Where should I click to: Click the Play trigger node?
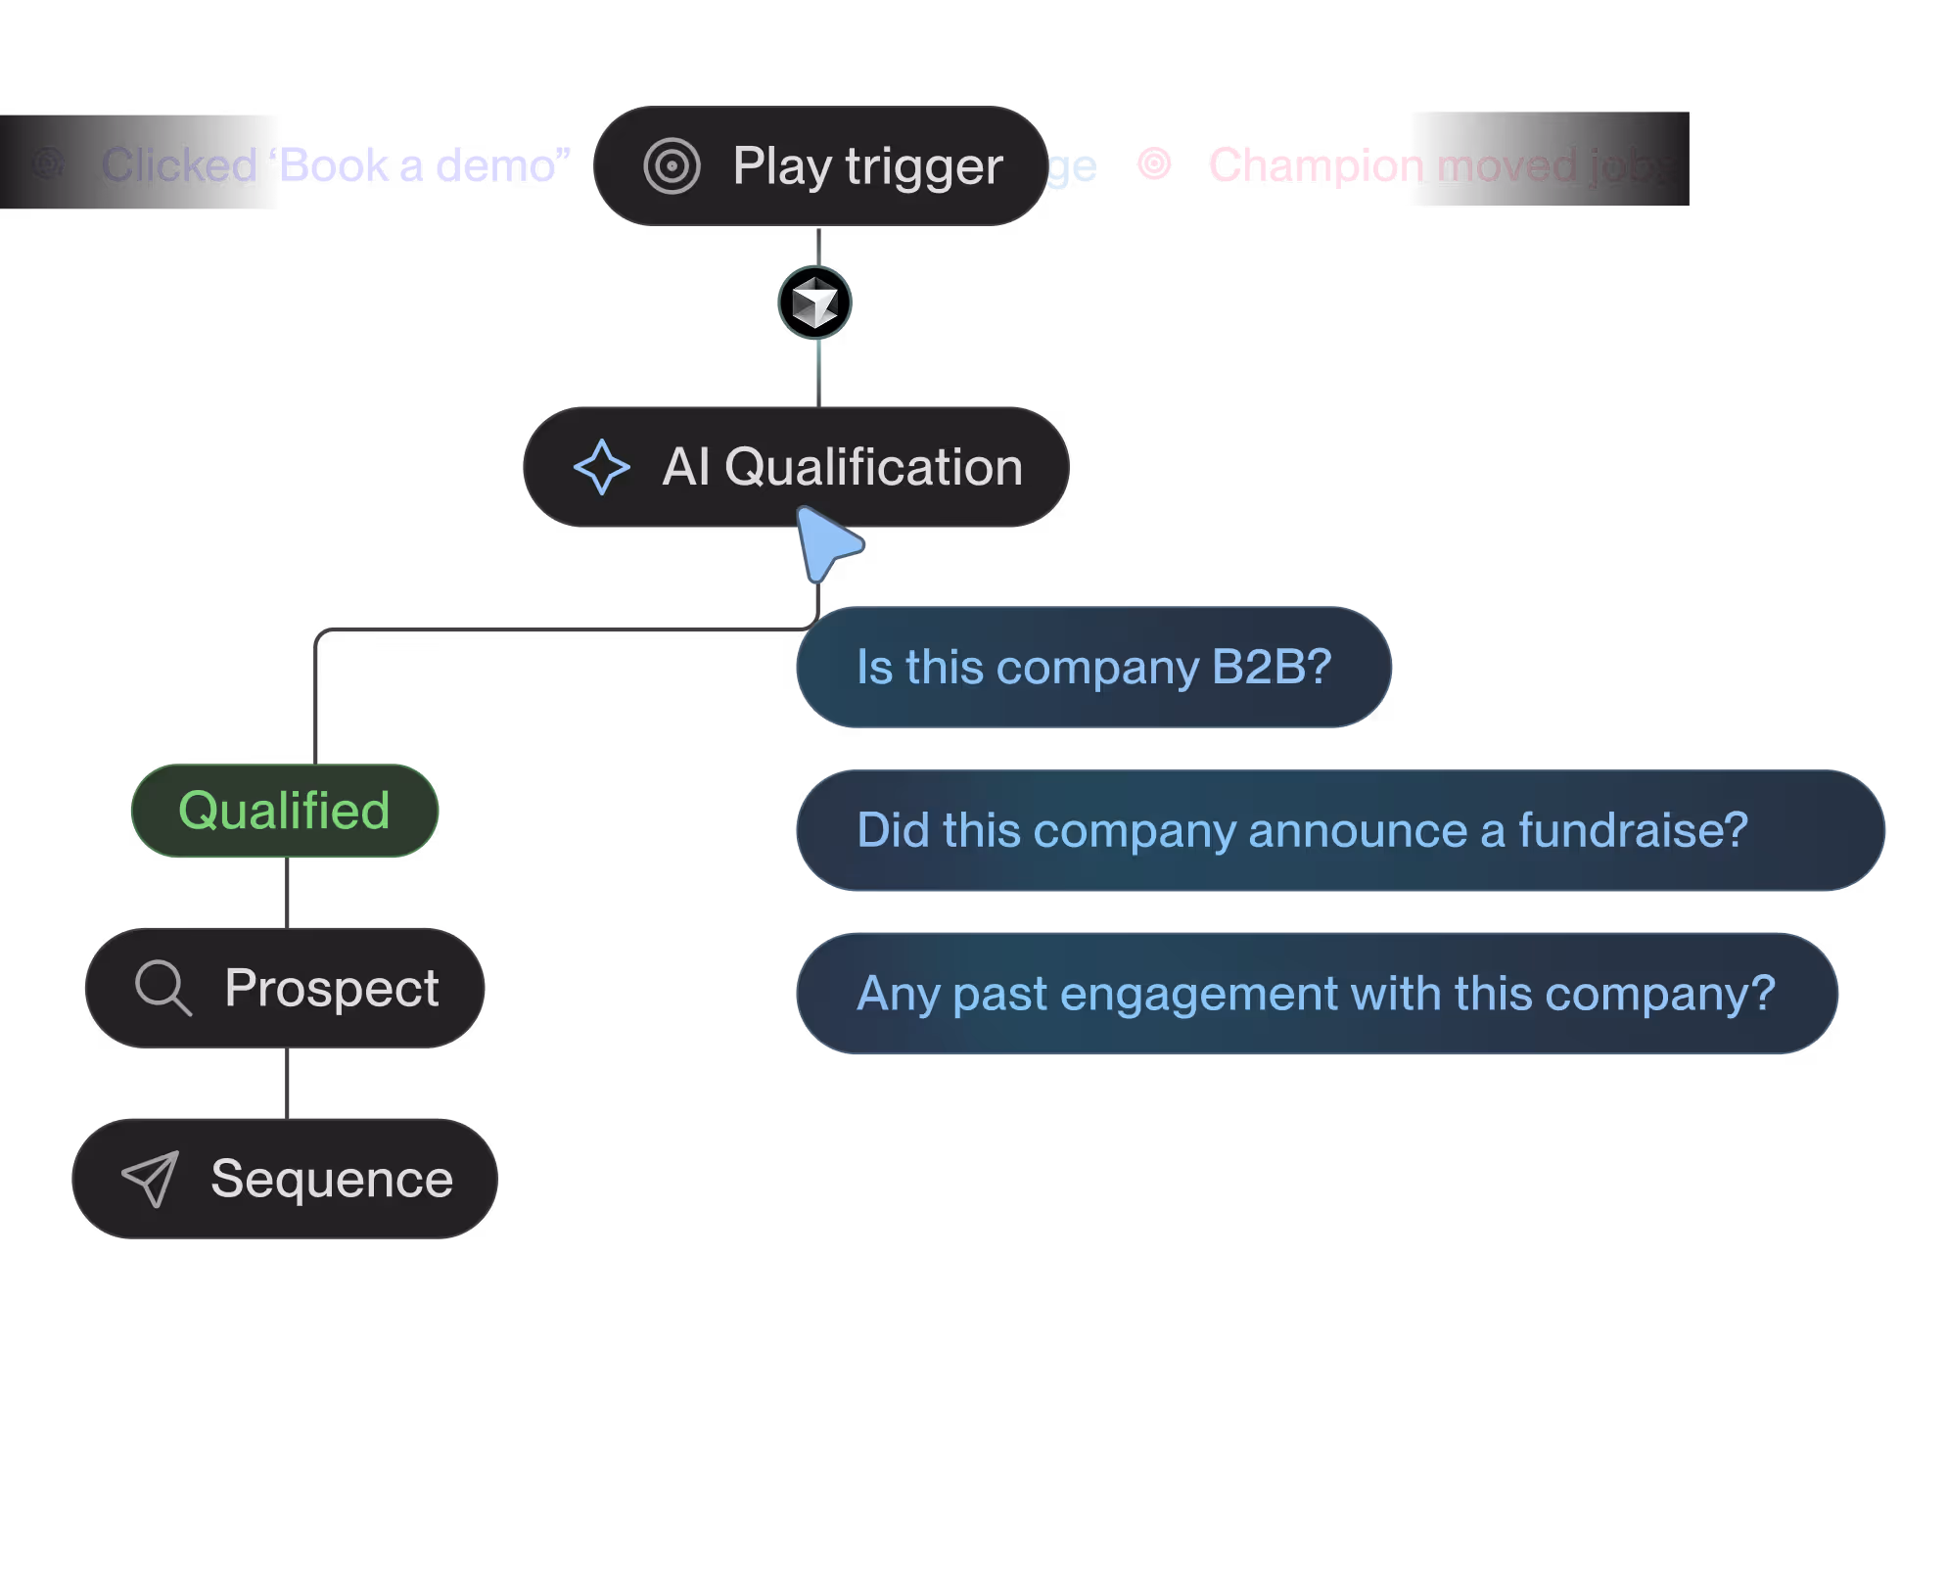[x=820, y=165]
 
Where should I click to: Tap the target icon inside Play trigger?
[x=672, y=166]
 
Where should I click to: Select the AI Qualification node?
[x=795, y=466]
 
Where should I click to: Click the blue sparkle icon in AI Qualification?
[x=601, y=467]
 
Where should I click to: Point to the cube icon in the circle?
[x=814, y=303]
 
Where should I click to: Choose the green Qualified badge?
[x=285, y=811]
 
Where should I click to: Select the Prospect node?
[x=285, y=987]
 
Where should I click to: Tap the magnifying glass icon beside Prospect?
[x=162, y=987]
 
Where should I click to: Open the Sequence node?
[x=285, y=1178]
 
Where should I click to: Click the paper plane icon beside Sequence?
[x=150, y=1178]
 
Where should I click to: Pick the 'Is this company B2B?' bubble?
[x=1093, y=667]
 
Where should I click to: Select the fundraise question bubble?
[x=1340, y=830]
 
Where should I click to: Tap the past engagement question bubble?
[x=1317, y=993]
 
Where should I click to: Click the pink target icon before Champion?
[x=1154, y=163]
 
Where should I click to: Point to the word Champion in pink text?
[x=1315, y=164]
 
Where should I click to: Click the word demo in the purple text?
[x=500, y=165]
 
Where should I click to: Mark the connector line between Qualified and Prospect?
[x=287, y=892]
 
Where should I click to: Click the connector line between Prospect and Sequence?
[x=287, y=1083]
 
